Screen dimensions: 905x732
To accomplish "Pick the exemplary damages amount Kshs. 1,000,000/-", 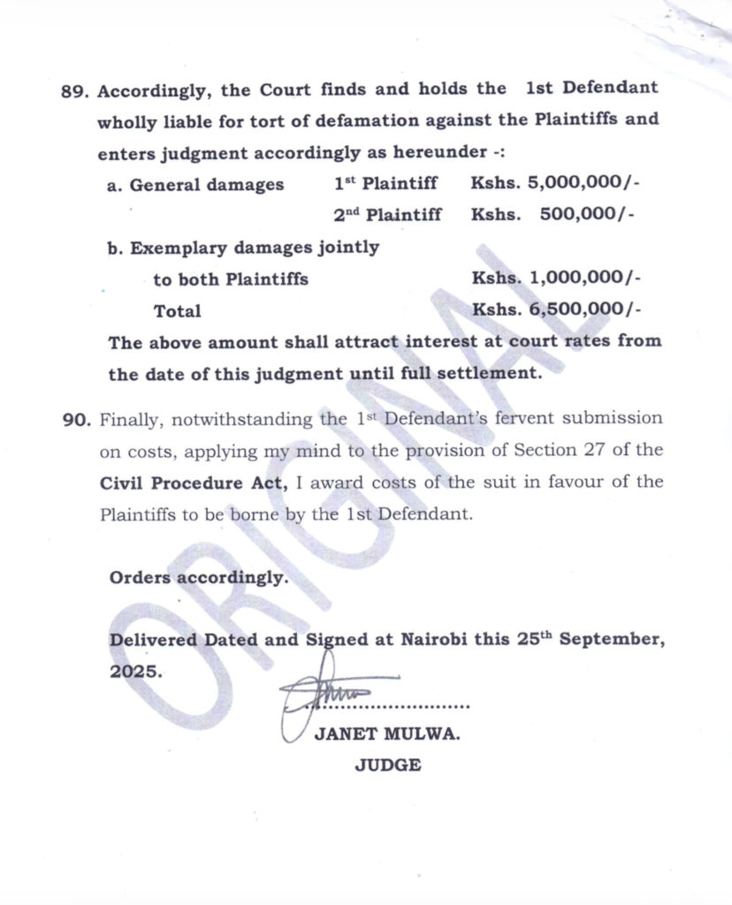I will point(556,279).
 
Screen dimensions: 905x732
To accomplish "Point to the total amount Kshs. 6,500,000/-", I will point(556,310).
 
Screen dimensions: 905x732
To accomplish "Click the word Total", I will point(177,311).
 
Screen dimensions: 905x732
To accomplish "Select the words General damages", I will point(207,186).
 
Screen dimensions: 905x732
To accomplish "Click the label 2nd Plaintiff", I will point(387,215).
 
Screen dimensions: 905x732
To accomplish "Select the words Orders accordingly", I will point(199,579).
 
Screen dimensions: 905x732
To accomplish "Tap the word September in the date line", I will point(613,641).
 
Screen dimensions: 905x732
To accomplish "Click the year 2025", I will point(135,672).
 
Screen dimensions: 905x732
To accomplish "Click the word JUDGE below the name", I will point(387,766).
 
